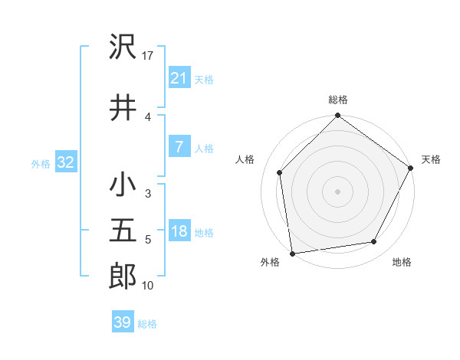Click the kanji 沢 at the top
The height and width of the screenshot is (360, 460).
point(123,47)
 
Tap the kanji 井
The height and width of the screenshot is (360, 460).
point(123,107)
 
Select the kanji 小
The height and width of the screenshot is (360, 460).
point(123,185)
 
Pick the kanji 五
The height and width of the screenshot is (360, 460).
point(123,231)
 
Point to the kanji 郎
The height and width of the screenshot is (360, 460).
point(123,276)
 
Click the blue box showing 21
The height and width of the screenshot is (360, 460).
point(179,77)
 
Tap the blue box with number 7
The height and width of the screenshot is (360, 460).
point(179,147)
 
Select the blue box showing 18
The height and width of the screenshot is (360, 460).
point(179,231)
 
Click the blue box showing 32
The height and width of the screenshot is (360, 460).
point(65,162)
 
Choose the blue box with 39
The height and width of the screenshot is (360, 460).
point(122,322)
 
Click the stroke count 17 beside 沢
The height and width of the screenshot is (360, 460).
point(149,56)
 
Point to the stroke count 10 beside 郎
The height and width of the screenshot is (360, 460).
point(148,286)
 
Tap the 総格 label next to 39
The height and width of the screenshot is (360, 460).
point(147,324)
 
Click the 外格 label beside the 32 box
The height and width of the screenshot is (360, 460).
point(41,163)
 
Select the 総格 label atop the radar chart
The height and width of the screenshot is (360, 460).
point(338,100)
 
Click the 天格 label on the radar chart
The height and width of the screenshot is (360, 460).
point(431,159)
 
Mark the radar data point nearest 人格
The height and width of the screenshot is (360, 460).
point(280,172)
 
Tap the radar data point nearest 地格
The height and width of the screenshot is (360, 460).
point(374,241)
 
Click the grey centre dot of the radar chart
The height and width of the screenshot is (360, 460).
point(338,191)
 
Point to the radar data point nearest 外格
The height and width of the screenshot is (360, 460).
point(292,253)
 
